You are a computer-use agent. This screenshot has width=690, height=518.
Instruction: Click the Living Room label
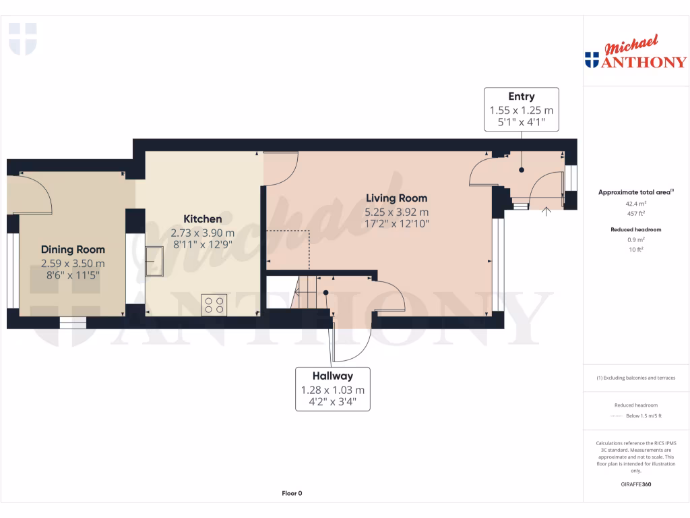(x=396, y=198)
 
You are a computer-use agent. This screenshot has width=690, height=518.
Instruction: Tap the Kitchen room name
(x=202, y=219)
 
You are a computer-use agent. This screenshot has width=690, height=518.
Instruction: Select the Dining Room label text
(x=73, y=250)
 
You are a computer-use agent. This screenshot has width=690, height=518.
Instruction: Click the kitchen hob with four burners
(x=215, y=304)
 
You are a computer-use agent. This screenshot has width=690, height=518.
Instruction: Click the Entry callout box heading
(x=521, y=97)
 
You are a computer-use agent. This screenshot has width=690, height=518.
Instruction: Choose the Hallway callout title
(x=332, y=376)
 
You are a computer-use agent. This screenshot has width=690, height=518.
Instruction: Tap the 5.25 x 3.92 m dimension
(x=396, y=211)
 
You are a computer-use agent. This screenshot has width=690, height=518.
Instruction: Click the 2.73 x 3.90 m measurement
(x=202, y=233)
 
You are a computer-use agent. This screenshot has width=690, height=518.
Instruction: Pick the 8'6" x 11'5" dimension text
(x=73, y=276)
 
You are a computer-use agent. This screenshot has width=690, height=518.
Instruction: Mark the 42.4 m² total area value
(x=636, y=203)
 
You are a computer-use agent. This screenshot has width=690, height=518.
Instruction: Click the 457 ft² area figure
(x=636, y=213)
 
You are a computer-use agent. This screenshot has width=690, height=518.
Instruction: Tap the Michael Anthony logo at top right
(x=635, y=54)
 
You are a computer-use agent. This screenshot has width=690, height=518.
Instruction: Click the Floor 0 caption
(x=292, y=493)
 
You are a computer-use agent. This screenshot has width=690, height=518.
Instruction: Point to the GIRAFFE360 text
(x=636, y=484)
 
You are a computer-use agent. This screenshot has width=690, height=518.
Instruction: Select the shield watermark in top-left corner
(x=22, y=38)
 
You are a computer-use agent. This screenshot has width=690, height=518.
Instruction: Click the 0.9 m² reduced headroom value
(x=636, y=239)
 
